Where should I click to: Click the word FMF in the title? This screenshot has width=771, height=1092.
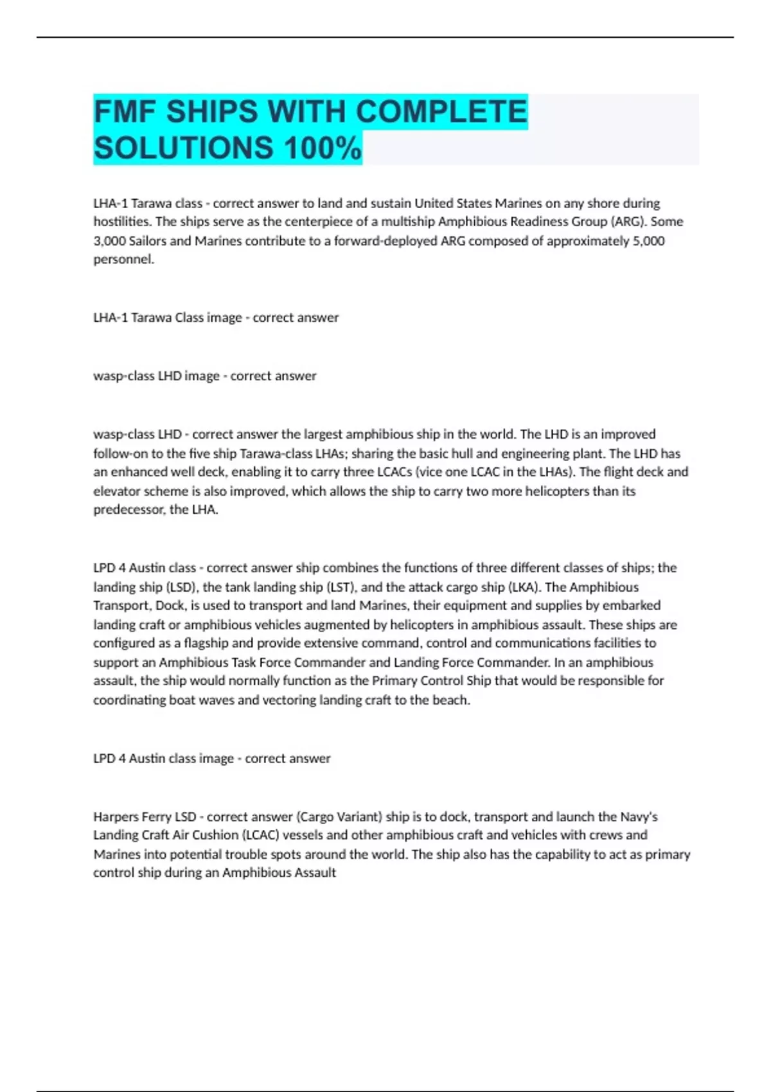125,112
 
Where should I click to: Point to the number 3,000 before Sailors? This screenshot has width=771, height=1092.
109,241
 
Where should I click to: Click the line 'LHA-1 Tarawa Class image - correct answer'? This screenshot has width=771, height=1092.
216,317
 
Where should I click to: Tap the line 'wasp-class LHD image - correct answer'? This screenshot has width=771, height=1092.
205,376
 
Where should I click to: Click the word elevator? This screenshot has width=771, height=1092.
115,491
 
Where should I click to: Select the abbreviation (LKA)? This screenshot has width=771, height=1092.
525,587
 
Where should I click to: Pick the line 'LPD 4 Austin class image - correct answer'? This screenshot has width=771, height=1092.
212,759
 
